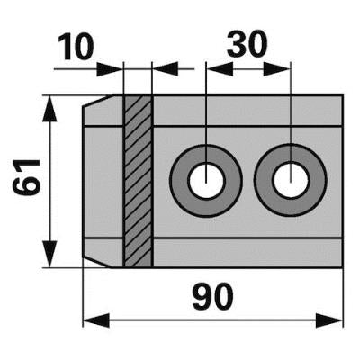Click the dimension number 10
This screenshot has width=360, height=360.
click(x=76, y=47)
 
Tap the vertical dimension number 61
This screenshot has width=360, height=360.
click(x=26, y=177)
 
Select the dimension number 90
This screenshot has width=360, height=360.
click(x=212, y=297)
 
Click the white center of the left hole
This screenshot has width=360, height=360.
click(x=206, y=180)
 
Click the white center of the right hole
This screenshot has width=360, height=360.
click(x=291, y=180)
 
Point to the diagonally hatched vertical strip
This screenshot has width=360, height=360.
click(x=138, y=181)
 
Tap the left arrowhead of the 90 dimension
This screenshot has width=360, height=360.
click(x=96, y=320)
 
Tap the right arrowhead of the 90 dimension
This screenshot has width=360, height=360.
click(x=329, y=320)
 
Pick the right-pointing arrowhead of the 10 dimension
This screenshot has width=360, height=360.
click(x=110, y=69)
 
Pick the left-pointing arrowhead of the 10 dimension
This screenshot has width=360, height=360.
click(x=166, y=69)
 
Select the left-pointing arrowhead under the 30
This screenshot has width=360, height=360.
click(x=220, y=69)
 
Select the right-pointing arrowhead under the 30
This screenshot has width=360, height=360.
click(x=276, y=69)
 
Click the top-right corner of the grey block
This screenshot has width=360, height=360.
click(x=342, y=95)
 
